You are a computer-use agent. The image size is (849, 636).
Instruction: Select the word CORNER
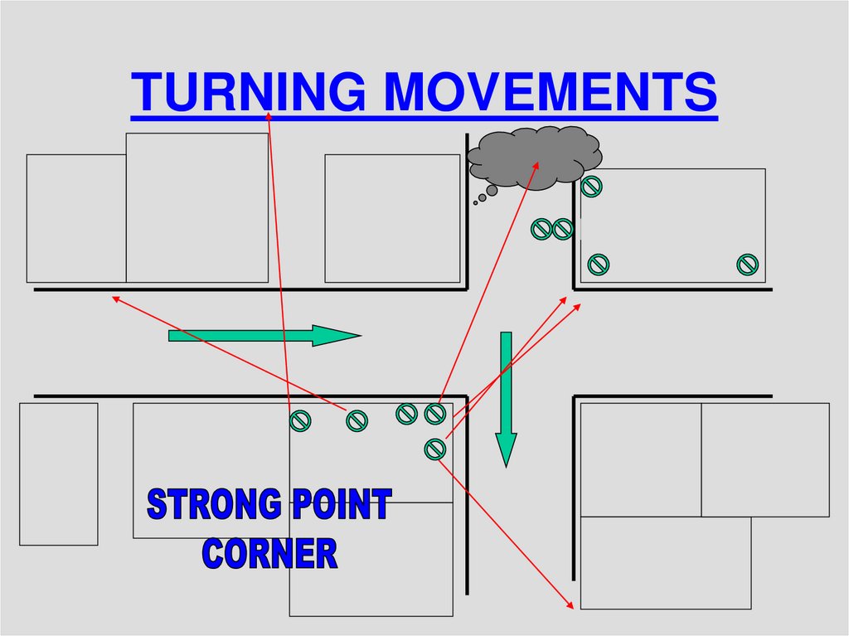pos(270,553)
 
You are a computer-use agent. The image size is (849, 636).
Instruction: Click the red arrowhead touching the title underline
pos(269,115)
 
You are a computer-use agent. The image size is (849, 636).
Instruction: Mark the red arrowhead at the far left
pos(115,297)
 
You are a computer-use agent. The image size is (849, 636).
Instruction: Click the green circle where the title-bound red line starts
pos(299,421)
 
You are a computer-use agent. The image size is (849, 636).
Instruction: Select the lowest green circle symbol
pos(434,449)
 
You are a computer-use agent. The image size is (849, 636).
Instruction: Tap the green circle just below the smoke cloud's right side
pos(591,187)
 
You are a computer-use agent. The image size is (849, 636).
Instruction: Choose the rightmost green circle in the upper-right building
pos(747,265)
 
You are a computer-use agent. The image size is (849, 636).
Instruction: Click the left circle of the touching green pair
pos(541,229)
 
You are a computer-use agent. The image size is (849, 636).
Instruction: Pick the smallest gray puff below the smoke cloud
pos(475,202)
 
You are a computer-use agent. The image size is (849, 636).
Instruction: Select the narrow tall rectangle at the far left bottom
pos(58,473)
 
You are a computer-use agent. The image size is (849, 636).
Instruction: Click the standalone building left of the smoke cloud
pos(391,218)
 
